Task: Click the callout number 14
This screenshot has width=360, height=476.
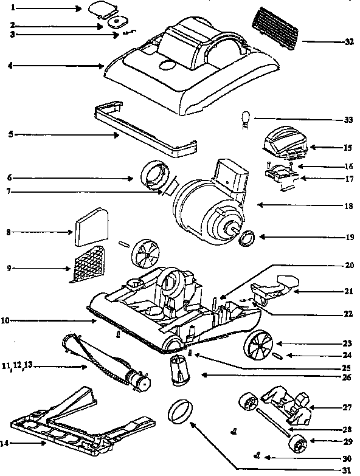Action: coord(5,443)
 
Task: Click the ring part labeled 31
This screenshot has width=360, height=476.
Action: coord(179,413)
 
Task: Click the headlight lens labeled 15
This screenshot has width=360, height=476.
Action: coord(284,142)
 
